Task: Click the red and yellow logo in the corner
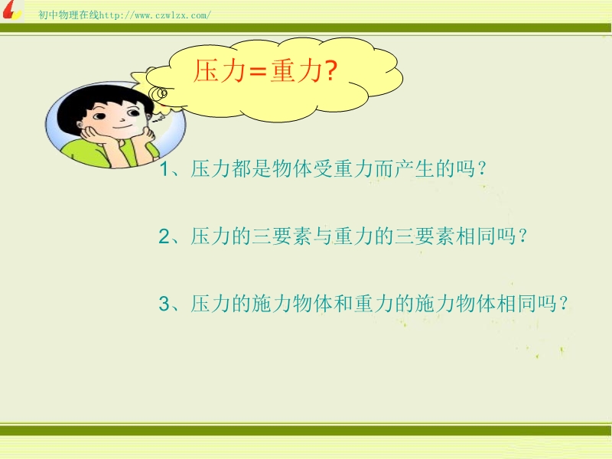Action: [x=11, y=10]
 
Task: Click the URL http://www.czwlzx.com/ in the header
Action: [x=155, y=15]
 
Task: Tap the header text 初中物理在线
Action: [x=69, y=15]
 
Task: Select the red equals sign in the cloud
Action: [x=258, y=72]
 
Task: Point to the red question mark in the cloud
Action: [x=330, y=70]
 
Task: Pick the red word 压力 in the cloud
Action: [x=220, y=70]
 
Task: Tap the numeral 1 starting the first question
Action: [x=164, y=169]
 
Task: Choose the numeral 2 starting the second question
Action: [x=164, y=236]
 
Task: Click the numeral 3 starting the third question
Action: [x=164, y=304]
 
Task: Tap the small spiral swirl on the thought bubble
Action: [x=159, y=93]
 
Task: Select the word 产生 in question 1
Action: [x=415, y=169]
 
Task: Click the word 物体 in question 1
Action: [x=292, y=169]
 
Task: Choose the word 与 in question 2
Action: [x=323, y=236]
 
